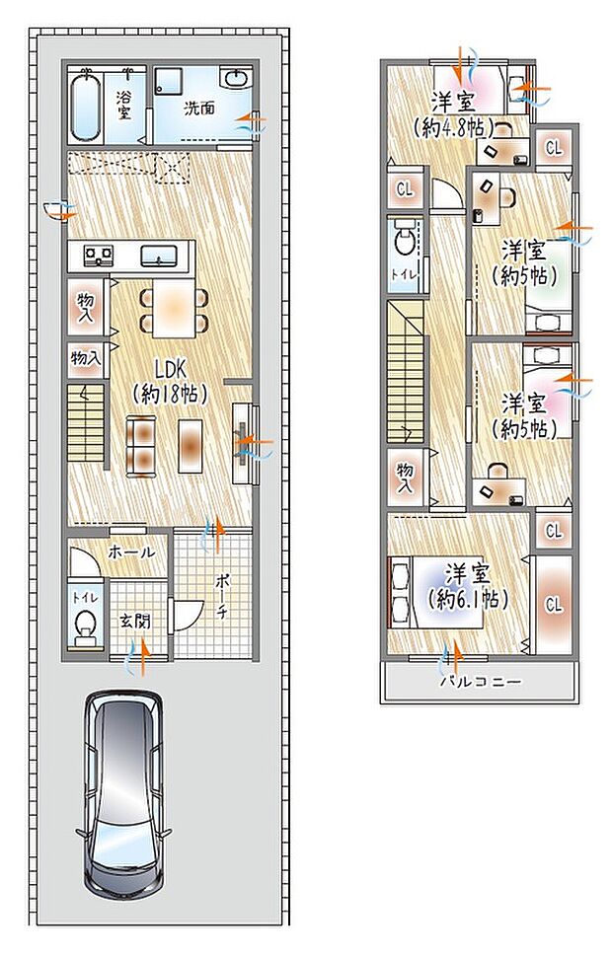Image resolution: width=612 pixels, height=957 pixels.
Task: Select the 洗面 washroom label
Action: [199, 108]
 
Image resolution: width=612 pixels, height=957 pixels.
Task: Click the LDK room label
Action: [168, 379]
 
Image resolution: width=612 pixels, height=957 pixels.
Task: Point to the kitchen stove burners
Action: [98, 256]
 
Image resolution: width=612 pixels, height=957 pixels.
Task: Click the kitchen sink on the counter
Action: [157, 257]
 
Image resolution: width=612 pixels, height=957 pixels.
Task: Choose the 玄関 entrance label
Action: [135, 622]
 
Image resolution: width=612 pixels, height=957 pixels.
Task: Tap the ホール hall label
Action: [131, 552]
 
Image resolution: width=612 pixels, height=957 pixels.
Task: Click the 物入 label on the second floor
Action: [405, 478]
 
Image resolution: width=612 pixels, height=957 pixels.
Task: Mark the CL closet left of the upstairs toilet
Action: [404, 187]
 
